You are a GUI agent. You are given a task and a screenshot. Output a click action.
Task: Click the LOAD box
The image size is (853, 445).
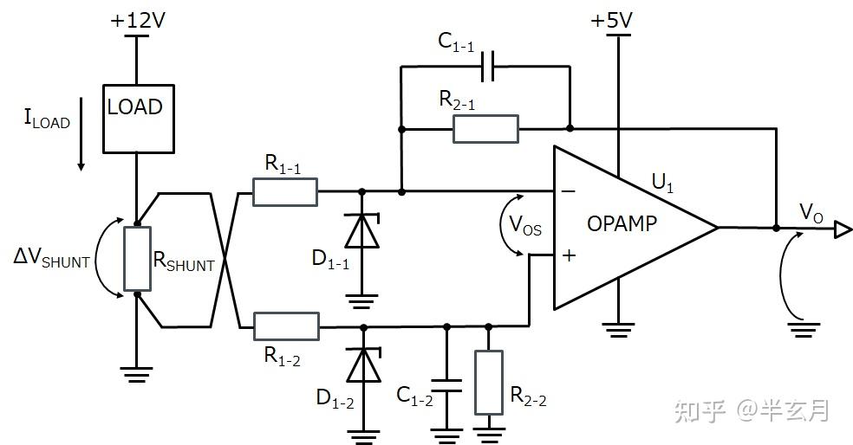139,119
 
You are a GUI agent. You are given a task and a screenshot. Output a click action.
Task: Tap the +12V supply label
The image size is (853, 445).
138,21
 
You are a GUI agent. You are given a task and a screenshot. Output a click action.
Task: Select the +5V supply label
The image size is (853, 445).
611,21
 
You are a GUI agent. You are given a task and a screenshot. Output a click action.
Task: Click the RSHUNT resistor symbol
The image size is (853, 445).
137,259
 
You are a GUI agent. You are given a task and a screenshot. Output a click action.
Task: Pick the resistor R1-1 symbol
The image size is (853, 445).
285,192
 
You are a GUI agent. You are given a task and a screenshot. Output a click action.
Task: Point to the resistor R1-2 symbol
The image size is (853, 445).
286,326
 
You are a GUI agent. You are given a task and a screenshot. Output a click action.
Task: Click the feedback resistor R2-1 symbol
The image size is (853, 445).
485,129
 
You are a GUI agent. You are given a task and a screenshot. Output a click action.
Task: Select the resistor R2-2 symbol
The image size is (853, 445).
489,383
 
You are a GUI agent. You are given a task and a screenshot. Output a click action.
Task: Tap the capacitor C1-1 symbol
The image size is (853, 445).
488,67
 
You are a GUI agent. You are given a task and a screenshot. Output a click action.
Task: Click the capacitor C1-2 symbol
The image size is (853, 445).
446,385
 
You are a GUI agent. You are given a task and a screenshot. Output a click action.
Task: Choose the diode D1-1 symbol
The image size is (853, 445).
362,231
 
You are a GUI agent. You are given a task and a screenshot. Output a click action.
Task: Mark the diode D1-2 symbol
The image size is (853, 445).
363,365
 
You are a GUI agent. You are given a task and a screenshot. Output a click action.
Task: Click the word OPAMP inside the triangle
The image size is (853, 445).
622,223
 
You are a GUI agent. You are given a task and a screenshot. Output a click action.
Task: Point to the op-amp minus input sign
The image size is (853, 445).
569,191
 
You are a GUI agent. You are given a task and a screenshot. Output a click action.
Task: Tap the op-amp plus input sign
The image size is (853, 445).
569,255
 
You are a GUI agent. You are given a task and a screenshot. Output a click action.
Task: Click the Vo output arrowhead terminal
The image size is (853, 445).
843,229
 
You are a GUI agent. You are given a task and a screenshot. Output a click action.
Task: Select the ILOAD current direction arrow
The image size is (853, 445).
81,134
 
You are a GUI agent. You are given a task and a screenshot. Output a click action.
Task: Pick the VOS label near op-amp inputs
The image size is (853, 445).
525,224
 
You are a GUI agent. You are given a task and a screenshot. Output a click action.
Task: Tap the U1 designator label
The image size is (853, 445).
662,183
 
